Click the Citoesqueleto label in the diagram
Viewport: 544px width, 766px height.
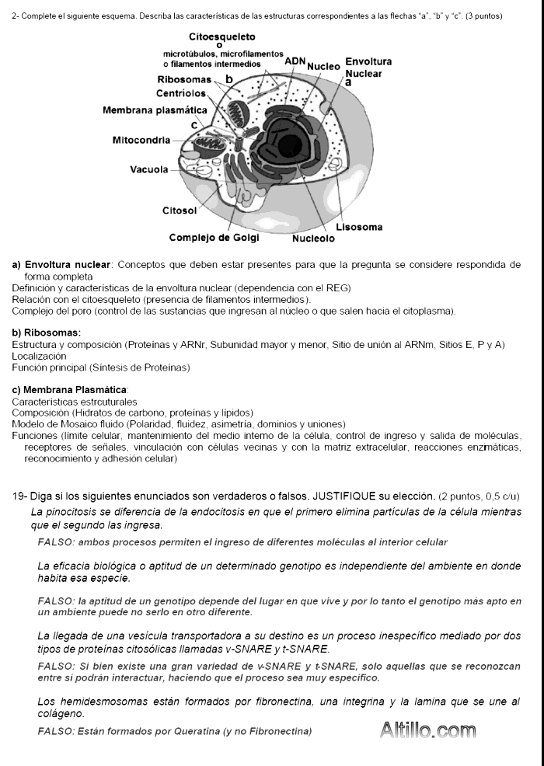221,37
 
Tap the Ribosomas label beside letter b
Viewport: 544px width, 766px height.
183,80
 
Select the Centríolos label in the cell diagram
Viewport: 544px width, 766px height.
181,94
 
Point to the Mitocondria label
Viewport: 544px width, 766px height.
141,141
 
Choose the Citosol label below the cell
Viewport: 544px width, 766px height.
179,211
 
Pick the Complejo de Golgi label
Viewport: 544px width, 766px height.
214,238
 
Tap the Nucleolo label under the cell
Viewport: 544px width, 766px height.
313,239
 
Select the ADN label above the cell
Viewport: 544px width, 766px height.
295,61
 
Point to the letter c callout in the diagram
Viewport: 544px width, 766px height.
193,124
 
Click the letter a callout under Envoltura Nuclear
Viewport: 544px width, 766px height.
348,82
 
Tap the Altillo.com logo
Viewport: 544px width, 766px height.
427,730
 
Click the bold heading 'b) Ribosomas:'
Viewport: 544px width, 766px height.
47,333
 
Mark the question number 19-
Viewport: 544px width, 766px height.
22,496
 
